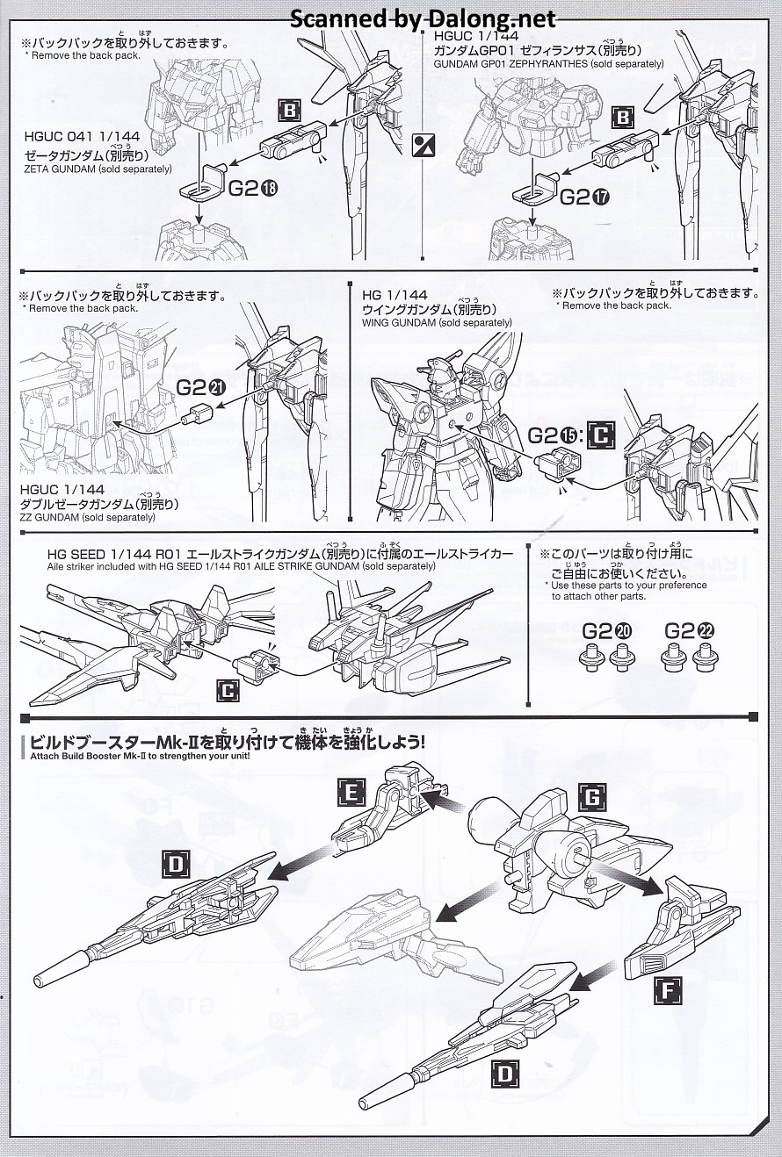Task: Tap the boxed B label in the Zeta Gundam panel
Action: click(x=289, y=111)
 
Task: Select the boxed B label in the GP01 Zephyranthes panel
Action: click(x=623, y=117)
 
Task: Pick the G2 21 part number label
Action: click(x=202, y=387)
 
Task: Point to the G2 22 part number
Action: click(x=690, y=630)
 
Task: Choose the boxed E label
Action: click(x=351, y=794)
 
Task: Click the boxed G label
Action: click(x=592, y=796)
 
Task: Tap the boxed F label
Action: click(x=668, y=991)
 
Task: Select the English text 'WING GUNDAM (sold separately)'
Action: click(x=437, y=322)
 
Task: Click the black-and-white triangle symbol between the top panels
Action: click(x=424, y=145)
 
